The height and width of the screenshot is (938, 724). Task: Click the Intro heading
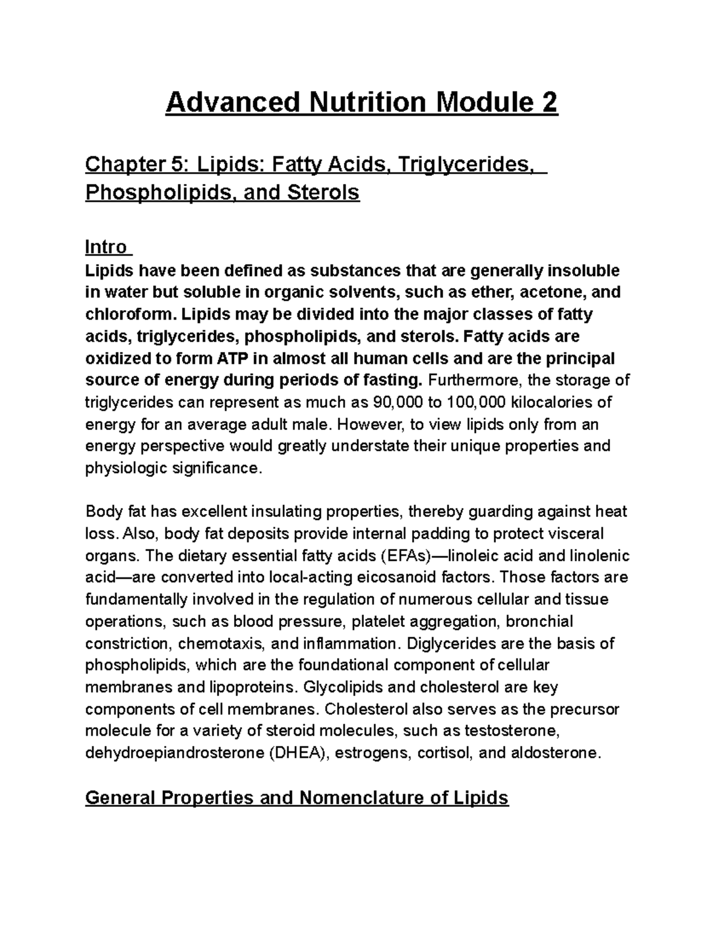106,247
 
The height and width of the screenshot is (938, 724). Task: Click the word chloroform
130,315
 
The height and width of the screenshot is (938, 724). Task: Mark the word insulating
284,512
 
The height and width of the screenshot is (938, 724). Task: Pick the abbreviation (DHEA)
296,753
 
